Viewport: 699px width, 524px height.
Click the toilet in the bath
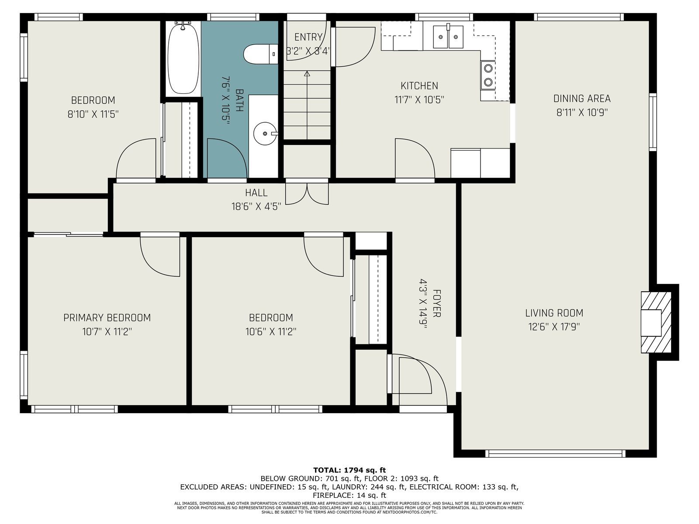pyautogui.click(x=261, y=54)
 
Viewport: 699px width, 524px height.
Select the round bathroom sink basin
pyautogui.click(x=265, y=134)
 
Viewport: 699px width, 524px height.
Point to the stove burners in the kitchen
pyautogui.click(x=488, y=76)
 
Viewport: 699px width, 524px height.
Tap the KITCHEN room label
pyautogui.click(x=419, y=86)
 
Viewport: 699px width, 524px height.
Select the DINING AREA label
pyautogui.click(x=582, y=99)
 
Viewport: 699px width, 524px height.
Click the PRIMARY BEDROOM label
pyautogui.click(x=107, y=317)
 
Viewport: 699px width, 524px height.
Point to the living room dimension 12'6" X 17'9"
pyautogui.click(x=554, y=327)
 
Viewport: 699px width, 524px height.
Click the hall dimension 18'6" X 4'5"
pyautogui.click(x=256, y=207)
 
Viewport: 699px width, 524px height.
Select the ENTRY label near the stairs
pyautogui.click(x=308, y=37)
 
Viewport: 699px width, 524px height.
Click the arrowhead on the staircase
pyautogui.click(x=307, y=74)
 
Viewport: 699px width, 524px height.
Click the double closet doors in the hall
pyautogui.click(x=307, y=194)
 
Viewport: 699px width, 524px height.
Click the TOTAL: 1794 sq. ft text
pyautogui.click(x=349, y=470)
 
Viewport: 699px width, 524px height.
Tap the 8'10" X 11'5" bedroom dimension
pyautogui.click(x=93, y=114)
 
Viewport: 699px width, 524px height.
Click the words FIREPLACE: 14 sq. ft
pyautogui.click(x=349, y=495)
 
